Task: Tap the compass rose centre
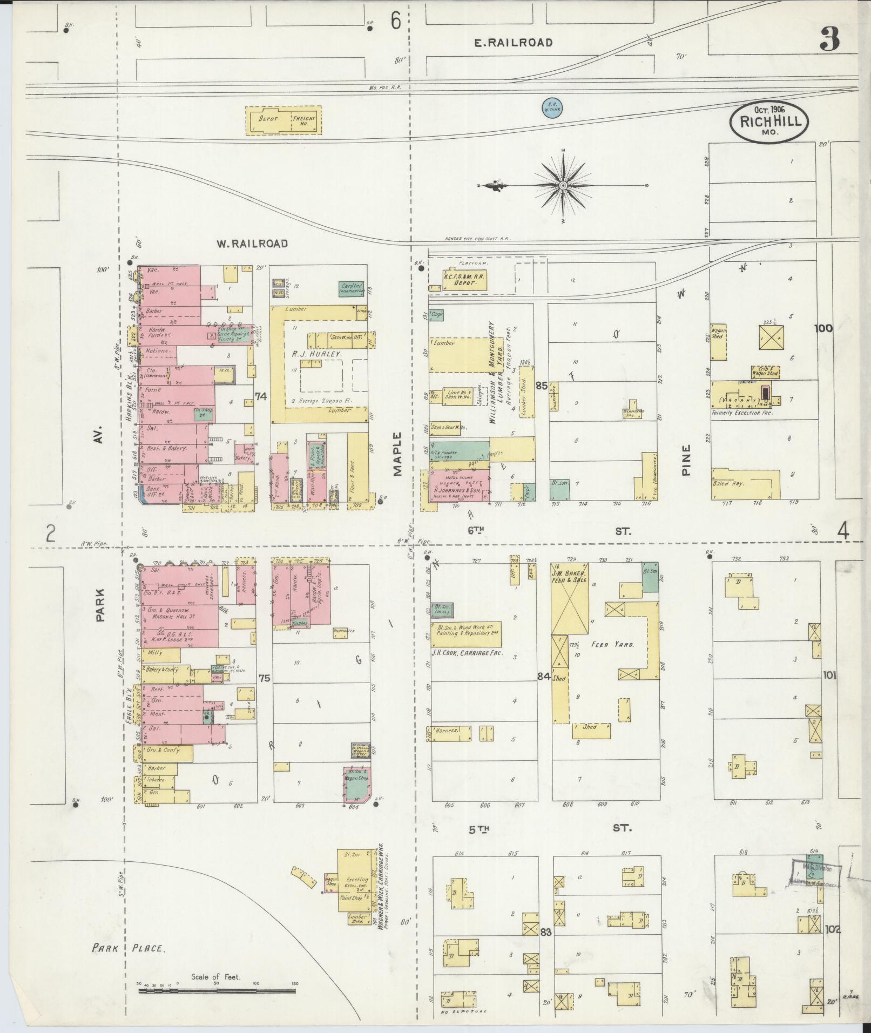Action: coord(563,185)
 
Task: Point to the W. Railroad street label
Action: coord(252,244)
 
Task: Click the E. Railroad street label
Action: coord(513,43)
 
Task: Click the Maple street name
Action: coord(398,454)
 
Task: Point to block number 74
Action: coord(261,396)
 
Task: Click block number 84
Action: coord(544,676)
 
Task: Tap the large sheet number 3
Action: coord(829,40)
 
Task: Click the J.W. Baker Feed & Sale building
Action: coord(570,599)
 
